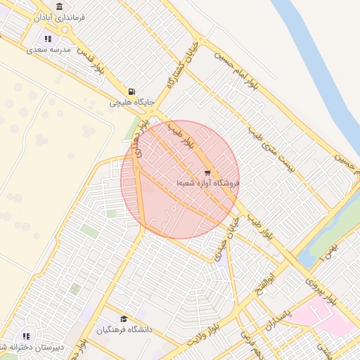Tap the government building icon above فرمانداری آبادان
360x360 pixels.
(x=58, y=6)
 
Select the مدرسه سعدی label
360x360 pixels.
(x=49, y=50)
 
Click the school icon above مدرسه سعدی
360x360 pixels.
(x=47, y=39)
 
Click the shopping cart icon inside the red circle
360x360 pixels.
(x=207, y=172)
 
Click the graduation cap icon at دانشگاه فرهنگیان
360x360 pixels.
(x=124, y=319)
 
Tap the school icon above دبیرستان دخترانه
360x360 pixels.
(x=27, y=337)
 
